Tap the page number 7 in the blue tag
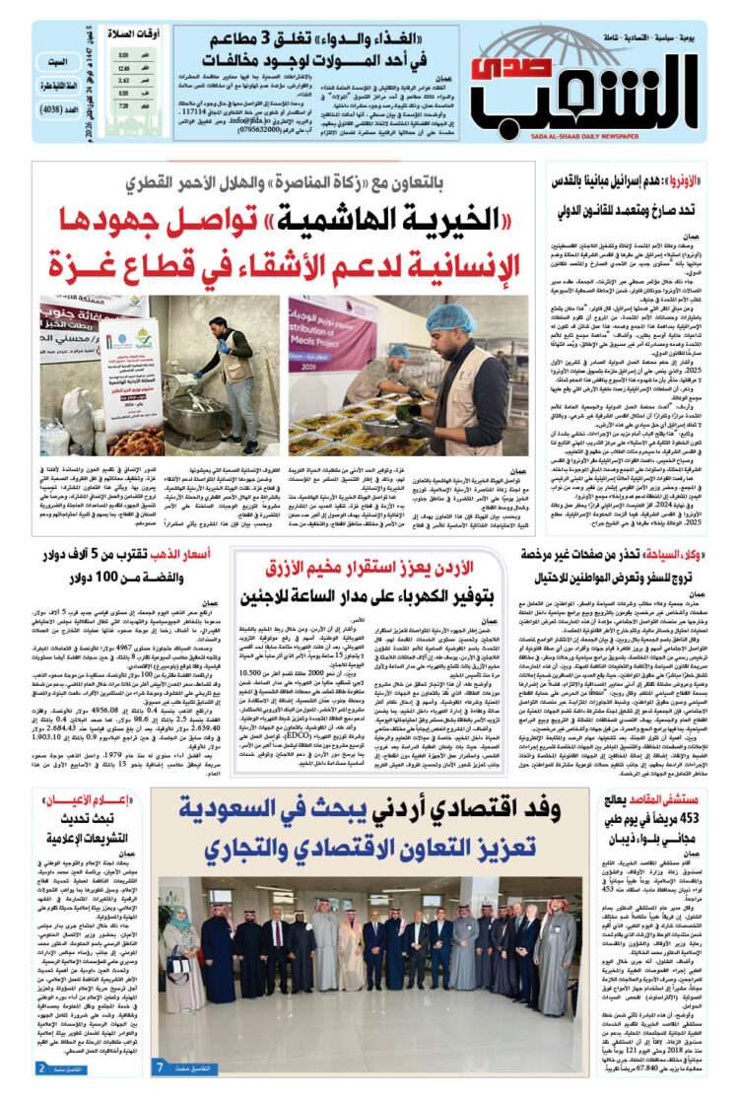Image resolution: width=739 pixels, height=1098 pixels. coord(161,1066)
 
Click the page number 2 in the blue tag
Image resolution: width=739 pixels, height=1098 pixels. coord(41,1067)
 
